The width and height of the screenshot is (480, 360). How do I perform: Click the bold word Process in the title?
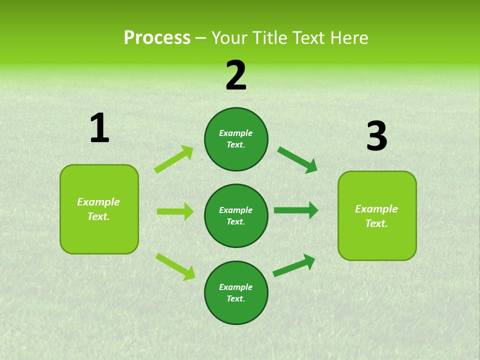point(157,37)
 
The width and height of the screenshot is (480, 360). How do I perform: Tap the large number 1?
point(99,128)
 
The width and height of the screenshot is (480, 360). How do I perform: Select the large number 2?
point(236,75)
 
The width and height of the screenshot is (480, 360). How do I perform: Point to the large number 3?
point(376,136)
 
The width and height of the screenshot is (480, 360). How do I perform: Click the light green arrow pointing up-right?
point(173,159)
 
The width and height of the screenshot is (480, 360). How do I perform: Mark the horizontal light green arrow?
point(175,211)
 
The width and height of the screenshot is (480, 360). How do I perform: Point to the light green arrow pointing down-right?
point(175,266)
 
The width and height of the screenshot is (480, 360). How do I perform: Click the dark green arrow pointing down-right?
point(297,159)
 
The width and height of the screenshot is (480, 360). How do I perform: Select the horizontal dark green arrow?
point(295,210)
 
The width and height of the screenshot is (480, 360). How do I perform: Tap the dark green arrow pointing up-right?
point(294,265)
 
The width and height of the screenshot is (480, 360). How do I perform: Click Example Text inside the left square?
point(98,209)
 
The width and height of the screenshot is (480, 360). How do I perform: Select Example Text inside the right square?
point(376,216)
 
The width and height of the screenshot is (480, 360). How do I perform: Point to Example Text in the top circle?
point(236,139)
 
